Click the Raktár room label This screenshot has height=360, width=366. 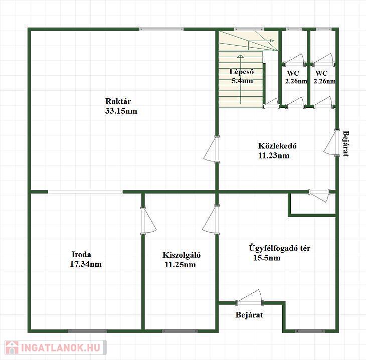118,101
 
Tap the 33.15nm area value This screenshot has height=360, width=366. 121,111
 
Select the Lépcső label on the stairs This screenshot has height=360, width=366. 242,71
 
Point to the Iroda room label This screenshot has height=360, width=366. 81,254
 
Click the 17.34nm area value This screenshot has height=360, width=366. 86,264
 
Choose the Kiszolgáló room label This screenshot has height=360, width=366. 181,255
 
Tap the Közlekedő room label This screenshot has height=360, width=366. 277,146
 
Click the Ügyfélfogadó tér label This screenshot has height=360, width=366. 280,248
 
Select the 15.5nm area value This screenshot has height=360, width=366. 267,258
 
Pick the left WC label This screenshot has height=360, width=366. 293,73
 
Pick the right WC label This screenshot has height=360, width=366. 321,73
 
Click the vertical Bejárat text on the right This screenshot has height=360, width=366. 346,144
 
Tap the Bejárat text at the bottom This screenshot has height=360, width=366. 249,315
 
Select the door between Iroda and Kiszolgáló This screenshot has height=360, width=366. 148,221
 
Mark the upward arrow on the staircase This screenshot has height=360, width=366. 241,79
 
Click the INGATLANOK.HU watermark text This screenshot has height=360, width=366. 61,347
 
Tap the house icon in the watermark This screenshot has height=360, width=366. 12,347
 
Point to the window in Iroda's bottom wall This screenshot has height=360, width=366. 88,331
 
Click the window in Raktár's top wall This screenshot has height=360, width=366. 161,29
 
